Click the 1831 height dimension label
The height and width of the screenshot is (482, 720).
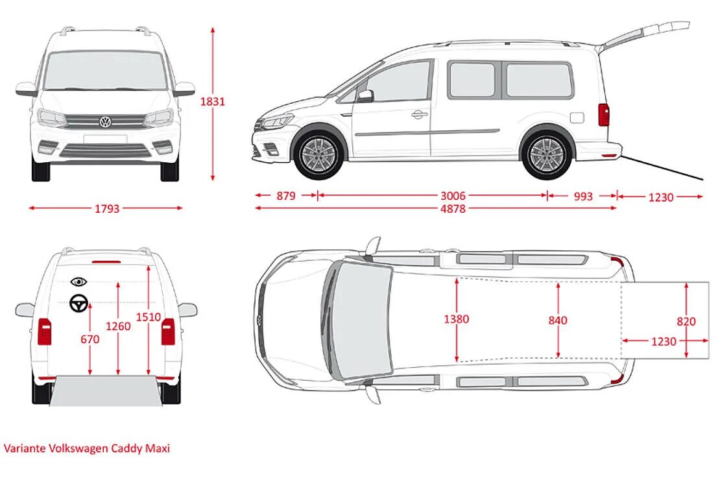tap(212, 102)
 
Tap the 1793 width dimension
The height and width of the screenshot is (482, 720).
tap(107, 209)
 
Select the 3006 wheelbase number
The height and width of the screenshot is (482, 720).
tap(453, 196)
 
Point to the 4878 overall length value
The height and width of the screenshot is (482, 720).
tap(453, 209)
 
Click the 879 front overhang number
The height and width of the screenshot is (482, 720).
tap(285, 196)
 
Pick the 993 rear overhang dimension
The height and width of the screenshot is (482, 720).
tap(583, 196)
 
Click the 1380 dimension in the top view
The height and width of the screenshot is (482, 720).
tap(457, 319)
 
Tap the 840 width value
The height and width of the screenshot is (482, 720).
tap(557, 320)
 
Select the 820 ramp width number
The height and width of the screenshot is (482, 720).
tap(686, 321)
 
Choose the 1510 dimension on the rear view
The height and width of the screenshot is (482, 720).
tap(148, 317)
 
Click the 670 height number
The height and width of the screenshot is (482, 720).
tap(90, 339)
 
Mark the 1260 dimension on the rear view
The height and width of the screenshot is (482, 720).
tap(118, 326)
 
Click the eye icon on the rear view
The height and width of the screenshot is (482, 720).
tap(79, 282)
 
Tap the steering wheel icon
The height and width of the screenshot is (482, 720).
tap(79, 303)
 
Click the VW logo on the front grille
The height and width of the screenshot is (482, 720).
tap(105, 122)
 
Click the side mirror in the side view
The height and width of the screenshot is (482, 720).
tap(365, 96)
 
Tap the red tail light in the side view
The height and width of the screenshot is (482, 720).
tap(604, 115)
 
